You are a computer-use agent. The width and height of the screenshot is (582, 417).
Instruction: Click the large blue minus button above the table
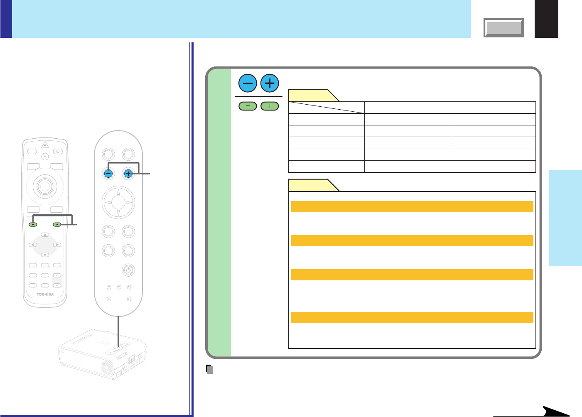point(248,83)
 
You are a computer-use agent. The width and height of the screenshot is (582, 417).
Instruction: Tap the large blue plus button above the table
point(270,83)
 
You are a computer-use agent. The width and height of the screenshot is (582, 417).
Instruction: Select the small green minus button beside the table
point(248,106)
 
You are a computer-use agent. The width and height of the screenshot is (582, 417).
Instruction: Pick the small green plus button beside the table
point(270,106)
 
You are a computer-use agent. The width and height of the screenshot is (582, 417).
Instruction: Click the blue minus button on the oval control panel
point(108,174)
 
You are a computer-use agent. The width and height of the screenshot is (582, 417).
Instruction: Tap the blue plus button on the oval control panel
point(128,174)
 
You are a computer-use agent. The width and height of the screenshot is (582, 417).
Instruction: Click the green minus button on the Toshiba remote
point(33,225)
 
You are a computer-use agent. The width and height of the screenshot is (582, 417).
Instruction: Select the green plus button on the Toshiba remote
point(57,225)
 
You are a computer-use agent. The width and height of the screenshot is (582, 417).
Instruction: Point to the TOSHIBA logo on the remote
point(45,294)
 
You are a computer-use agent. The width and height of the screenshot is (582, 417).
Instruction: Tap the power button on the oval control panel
point(128,270)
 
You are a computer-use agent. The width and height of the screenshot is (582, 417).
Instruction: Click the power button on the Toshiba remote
point(58,152)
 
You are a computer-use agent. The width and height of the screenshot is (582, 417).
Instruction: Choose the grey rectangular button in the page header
point(504,28)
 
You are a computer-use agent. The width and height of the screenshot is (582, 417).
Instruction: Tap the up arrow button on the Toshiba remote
point(45,235)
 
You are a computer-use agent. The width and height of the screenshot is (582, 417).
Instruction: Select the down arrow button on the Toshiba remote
point(45,255)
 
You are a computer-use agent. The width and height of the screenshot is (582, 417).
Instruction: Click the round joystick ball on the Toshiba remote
point(45,186)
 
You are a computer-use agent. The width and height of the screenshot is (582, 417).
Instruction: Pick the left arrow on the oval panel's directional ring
point(108,203)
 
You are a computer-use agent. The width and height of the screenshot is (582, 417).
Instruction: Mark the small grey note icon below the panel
point(210,369)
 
